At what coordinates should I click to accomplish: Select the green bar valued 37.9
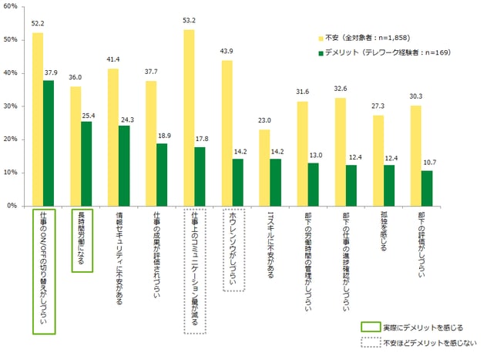(48, 143)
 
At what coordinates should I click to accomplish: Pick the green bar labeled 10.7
(426, 188)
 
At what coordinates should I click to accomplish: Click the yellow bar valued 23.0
(264, 167)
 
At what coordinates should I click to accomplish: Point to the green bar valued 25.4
(86, 163)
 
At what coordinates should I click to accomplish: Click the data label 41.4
(113, 59)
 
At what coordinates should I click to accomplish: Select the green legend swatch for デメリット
(321, 53)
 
